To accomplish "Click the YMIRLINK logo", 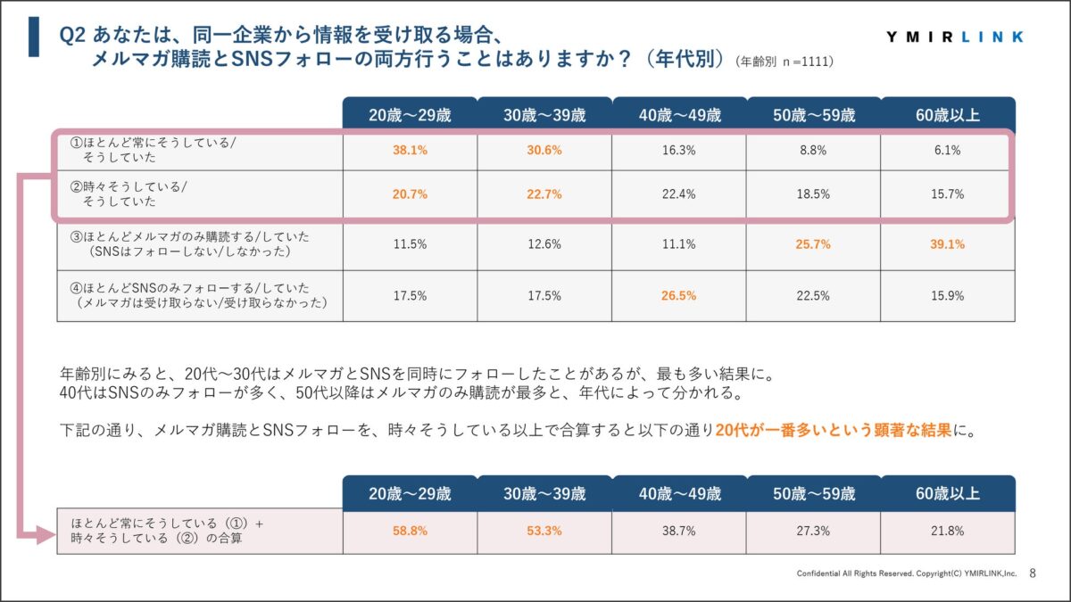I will (x=956, y=37).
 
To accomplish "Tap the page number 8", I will (x=1033, y=573).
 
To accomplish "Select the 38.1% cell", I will (x=410, y=151).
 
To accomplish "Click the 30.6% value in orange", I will (x=544, y=151).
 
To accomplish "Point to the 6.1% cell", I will (x=947, y=151).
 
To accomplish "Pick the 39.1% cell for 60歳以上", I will (x=947, y=244).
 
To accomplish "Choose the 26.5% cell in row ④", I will (x=679, y=295).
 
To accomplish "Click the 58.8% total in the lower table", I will (x=410, y=531).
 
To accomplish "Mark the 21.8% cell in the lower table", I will (x=947, y=531).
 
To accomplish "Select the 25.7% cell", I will (x=813, y=244).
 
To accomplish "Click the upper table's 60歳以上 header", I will (x=947, y=114).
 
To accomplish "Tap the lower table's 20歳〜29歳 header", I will (x=410, y=493).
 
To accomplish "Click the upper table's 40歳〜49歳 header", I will (x=679, y=114).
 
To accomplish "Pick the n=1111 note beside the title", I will (x=785, y=62).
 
